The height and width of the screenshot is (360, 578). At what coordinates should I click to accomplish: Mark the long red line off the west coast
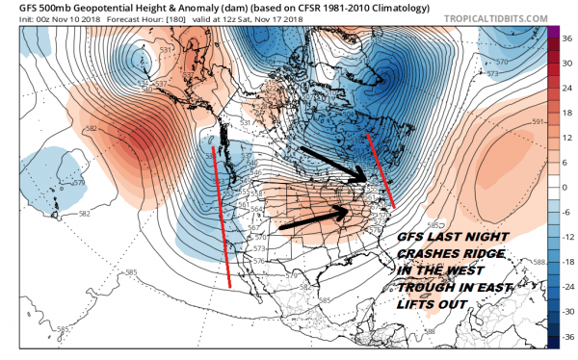pos(221,214)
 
